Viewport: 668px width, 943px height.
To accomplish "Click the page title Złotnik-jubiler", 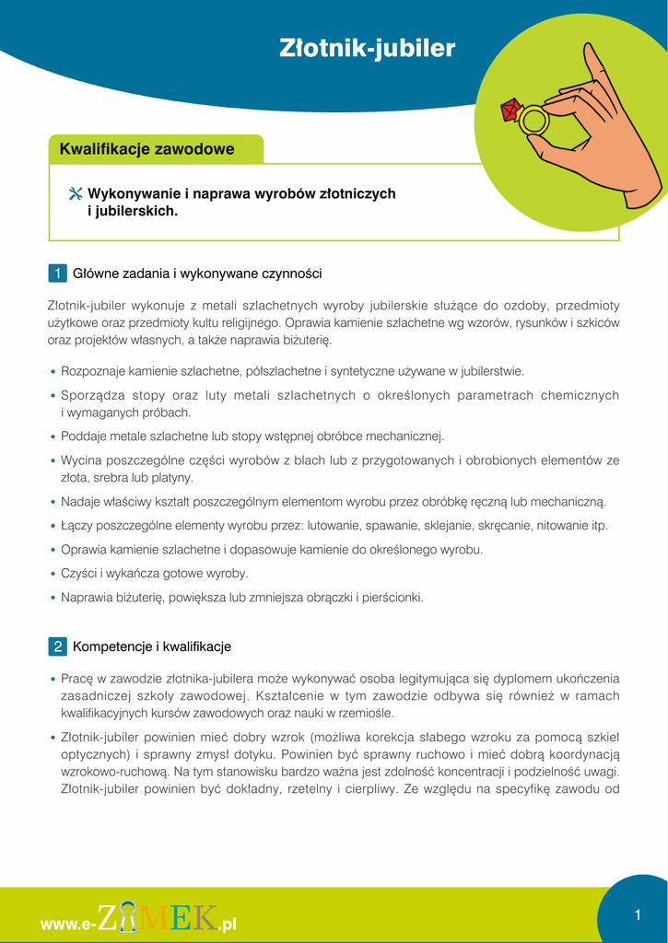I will pos(367,49).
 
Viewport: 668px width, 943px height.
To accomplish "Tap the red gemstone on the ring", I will pos(510,111).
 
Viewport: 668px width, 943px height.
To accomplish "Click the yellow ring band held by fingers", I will pos(533,121).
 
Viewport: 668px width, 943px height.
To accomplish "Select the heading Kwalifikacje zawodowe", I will pos(146,149).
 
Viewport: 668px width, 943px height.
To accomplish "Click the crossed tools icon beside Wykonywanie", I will pos(76,194).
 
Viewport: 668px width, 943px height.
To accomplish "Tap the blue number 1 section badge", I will pos(56,274).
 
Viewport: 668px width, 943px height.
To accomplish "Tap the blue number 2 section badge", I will pos(56,646).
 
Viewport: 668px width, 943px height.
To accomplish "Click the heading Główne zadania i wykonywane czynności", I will pos(197,274).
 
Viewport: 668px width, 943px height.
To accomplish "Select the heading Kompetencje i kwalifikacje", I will pos(152,646).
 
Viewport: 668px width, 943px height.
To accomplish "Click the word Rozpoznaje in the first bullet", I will pos(89,371).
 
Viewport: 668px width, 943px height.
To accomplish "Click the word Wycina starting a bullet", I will pos(80,460).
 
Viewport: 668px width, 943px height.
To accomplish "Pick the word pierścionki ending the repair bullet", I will pos(394,598).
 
